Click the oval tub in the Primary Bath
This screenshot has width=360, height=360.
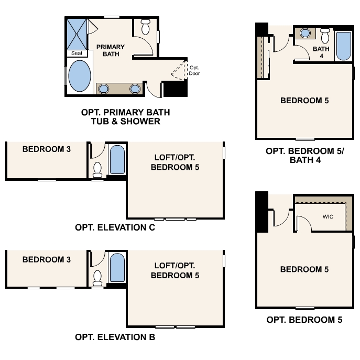pos(79,77)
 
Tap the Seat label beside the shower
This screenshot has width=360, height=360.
pos(77,53)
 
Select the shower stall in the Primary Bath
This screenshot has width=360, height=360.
pos(78,33)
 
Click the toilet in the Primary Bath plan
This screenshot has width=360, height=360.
pos(145,26)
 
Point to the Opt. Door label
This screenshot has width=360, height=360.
pos(194,70)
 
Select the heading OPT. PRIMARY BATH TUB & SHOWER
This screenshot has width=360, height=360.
pos(125,117)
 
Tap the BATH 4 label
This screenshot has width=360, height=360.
pos(321,52)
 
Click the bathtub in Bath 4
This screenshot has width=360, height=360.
pos(344,46)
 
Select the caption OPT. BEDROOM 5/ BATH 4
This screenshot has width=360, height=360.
pos(304,155)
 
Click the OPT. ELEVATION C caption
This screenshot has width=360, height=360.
pos(115,227)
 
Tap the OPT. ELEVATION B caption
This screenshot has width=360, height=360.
pos(115,337)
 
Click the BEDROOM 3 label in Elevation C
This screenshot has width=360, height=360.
pos(47,149)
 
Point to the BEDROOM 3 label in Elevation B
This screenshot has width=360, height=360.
pos(47,259)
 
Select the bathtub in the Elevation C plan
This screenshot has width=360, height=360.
pos(117,159)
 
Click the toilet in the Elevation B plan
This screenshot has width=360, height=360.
pos(97,278)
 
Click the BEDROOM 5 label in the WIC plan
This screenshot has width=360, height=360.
pos(304,269)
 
